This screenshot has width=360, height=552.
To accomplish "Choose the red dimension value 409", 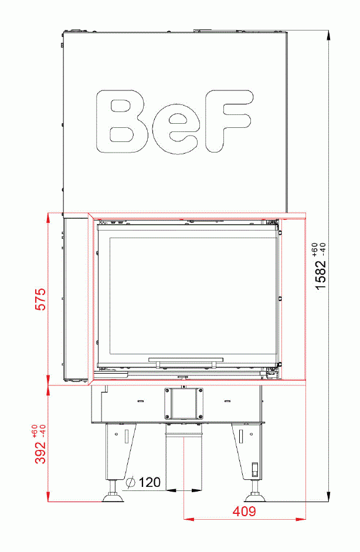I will click(244, 512).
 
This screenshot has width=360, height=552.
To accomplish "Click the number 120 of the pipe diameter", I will click(150, 483).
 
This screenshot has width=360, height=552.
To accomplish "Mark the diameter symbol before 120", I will click(131, 483).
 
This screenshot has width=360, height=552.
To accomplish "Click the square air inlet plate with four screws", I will click(185, 402).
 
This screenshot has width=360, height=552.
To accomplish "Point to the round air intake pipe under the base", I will click(185, 460).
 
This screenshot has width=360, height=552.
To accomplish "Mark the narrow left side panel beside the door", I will click(75, 298).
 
